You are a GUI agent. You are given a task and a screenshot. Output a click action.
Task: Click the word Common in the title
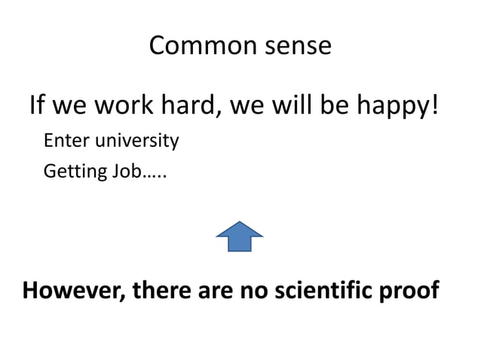(193, 46)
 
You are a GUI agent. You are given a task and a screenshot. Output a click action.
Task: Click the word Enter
(65, 141)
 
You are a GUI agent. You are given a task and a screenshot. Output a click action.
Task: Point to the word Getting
(75, 172)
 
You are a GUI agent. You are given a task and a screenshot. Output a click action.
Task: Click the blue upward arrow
(240, 236)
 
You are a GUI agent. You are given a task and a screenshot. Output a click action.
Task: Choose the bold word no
(253, 290)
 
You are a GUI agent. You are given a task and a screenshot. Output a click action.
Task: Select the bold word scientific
(323, 290)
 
